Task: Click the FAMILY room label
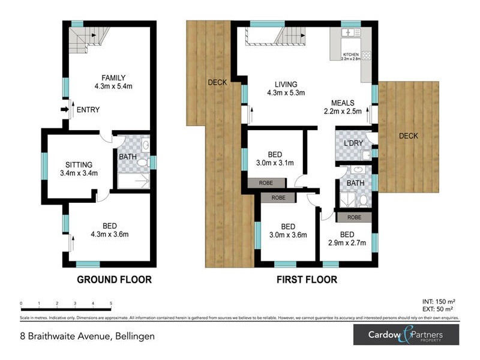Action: pyautogui.click(x=113, y=77)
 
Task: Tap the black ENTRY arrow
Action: pyautogui.click(x=65, y=110)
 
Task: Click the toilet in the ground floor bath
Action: pyautogui.click(x=142, y=163)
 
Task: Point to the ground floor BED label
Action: pyautogui.click(x=109, y=226)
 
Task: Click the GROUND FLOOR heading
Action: pyautogui.click(x=114, y=279)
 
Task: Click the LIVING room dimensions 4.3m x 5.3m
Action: pyautogui.click(x=286, y=93)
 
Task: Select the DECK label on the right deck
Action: pyautogui.click(x=409, y=136)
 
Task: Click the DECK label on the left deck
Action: pyautogui.click(x=217, y=82)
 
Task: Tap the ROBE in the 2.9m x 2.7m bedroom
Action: pyautogui.click(x=354, y=217)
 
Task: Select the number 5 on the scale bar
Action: pyautogui.click(x=111, y=304)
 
